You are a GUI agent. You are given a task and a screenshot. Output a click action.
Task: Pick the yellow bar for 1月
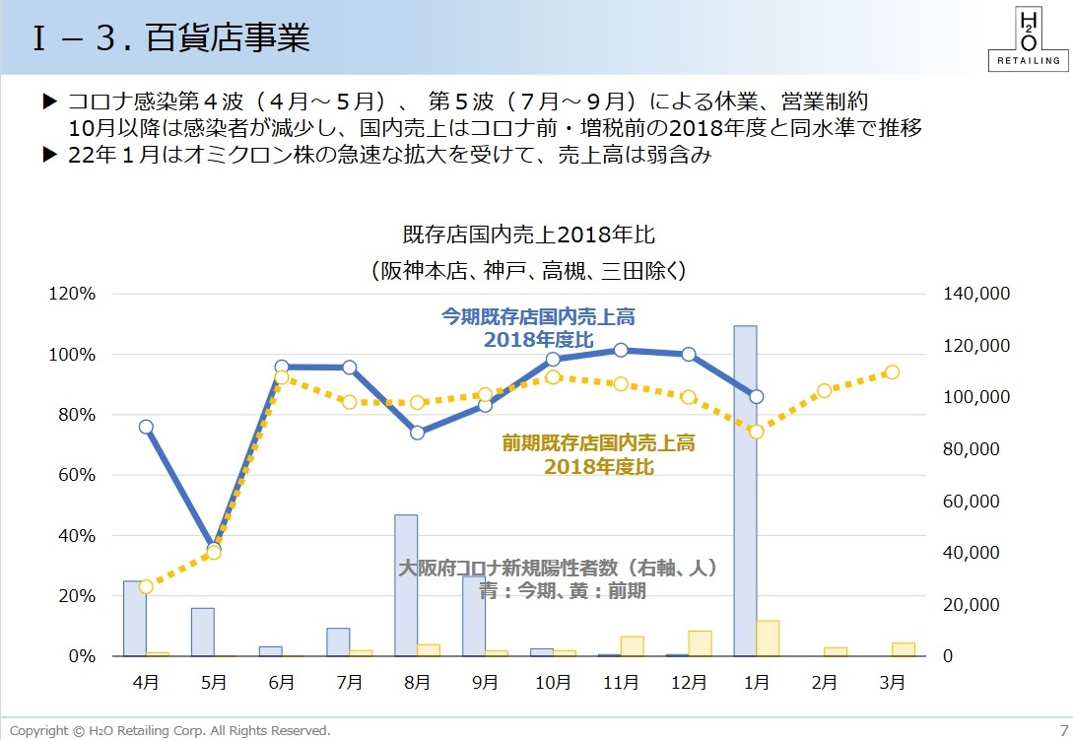click(x=768, y=638)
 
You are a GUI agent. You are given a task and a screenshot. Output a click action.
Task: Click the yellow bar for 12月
click(x=700, y=642)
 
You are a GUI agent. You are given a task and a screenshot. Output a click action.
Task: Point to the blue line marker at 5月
click(x=213, y=548)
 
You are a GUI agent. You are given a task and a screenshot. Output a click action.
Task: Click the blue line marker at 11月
click(x=621, y=350)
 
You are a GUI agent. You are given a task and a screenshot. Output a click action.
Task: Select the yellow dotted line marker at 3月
click(x=892, y=372)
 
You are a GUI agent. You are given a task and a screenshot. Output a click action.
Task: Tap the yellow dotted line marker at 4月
click(x=146, y=586)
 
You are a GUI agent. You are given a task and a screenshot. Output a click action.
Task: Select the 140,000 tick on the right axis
click(x=976, y=294)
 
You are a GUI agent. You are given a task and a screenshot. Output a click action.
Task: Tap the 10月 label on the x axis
click(x=553, y=682)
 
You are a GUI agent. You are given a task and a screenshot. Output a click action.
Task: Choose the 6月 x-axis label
click(x=281, y=682)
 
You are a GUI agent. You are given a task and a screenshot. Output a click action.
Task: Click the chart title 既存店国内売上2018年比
click(x=528, y=235)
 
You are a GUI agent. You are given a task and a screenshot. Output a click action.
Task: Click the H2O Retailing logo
click(x=1027, y=38)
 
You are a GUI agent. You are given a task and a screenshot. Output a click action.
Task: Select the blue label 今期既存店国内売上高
click(x=538, y=316)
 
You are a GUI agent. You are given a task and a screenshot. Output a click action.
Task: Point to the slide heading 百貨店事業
click(x=228, y=37)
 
